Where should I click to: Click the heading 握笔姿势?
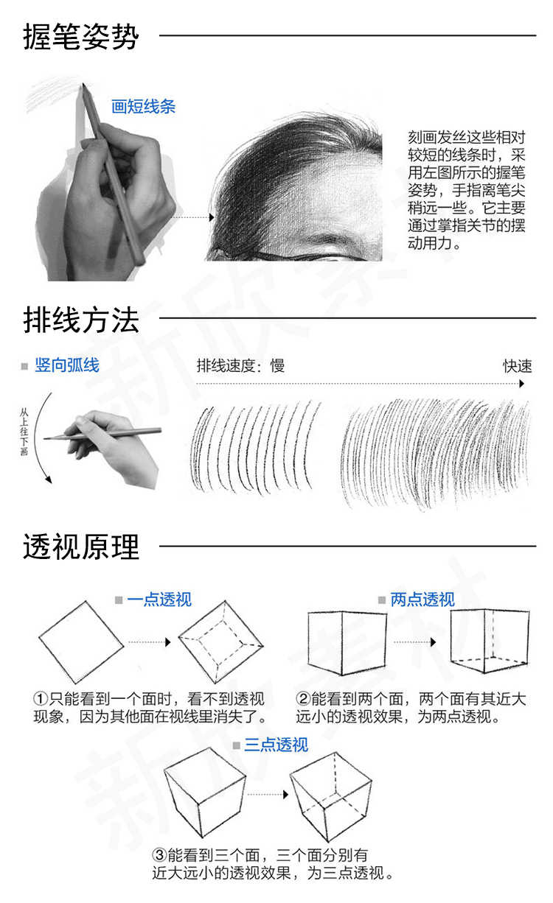80,36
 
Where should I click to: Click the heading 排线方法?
80,319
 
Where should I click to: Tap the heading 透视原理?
80,547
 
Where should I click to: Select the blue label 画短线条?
143,107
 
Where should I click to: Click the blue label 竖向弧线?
67,365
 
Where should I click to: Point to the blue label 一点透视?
159,600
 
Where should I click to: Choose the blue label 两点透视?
422,600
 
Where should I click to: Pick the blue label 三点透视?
276,745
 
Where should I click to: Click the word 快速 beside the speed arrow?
518,366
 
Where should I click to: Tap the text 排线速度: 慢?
240,365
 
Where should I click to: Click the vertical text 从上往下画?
24,432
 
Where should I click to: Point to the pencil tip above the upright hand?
83,84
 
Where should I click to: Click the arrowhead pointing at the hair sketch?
212,218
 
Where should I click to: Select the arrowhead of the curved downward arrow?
49,479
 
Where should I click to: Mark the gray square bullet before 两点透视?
382,600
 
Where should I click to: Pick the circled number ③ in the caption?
159,854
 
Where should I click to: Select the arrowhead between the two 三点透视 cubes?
286,795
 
